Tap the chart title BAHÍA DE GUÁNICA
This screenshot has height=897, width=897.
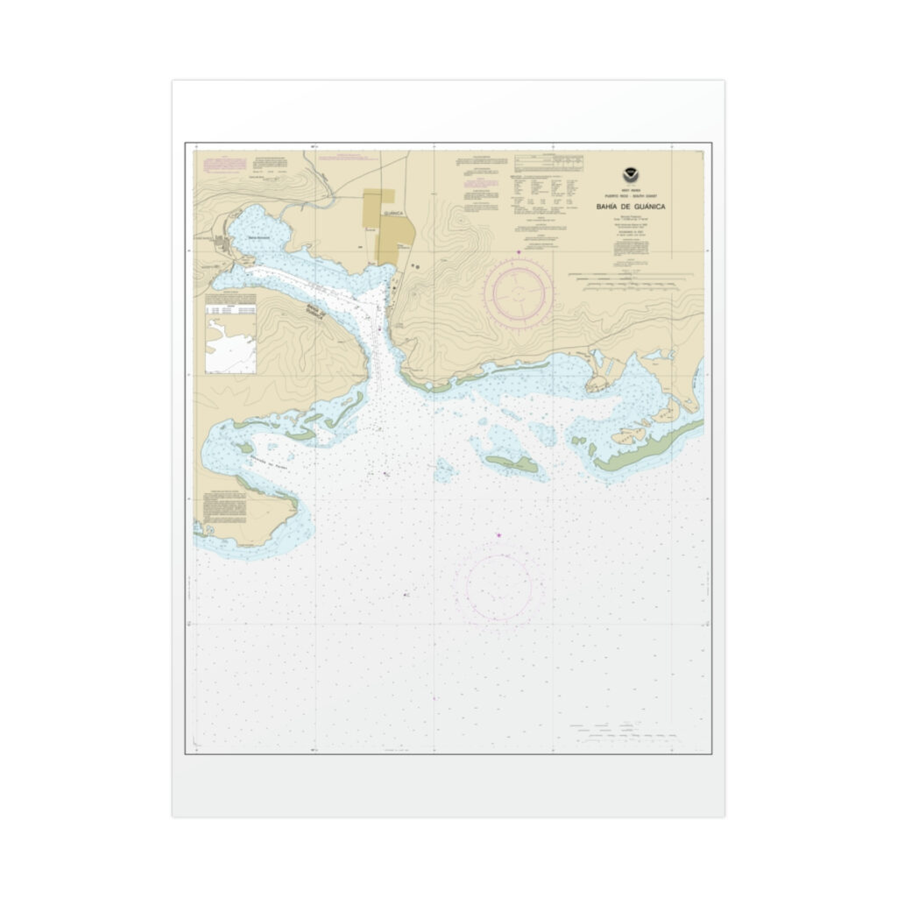[x=631, y=206]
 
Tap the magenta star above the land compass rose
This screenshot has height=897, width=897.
[x=519, y=252]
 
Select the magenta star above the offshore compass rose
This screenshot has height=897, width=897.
[x=498, y=535]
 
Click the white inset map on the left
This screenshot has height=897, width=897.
[x=230, y=344]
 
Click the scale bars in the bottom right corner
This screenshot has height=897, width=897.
[x=624, y=730]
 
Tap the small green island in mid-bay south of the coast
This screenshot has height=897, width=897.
[x=512, y=463]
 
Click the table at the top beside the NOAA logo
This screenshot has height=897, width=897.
[x=549, y=163]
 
